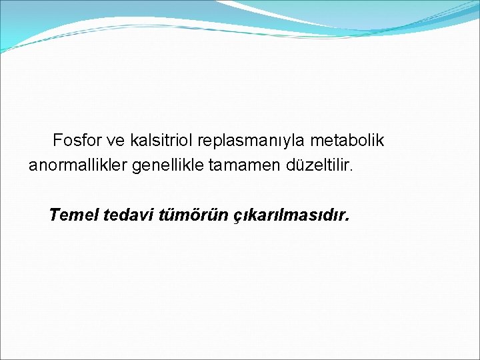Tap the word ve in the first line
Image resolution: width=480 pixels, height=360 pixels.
point(117,141)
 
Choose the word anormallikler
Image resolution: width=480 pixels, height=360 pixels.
point(78,165)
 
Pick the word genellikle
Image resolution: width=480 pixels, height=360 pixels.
point(168,166)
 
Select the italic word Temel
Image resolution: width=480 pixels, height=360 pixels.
point(74,215)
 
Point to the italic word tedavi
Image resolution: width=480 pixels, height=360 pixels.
point(130,215)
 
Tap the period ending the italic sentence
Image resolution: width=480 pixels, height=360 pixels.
point(347,221)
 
